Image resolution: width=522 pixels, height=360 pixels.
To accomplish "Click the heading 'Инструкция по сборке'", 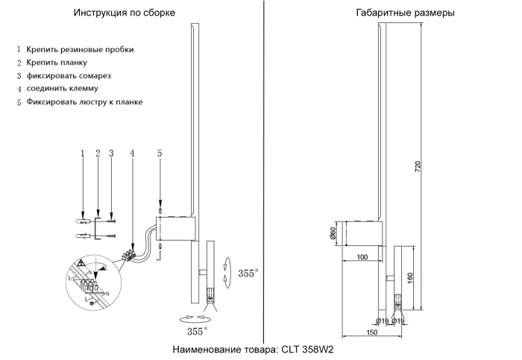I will coord(125,13).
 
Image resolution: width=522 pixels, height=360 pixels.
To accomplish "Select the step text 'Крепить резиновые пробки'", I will coord(80,49).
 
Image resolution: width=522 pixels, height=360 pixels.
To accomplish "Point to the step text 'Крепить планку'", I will coord(57,63).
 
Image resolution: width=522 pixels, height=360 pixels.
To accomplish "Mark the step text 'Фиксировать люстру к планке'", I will coord(84,101).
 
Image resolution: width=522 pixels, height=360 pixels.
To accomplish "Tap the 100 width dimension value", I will coord(362,257).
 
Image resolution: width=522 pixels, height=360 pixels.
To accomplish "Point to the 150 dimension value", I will coord(370,333).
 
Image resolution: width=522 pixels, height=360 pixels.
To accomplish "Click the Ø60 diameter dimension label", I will coord(334,234).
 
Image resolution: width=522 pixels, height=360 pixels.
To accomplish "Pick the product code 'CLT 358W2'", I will coord(306,348).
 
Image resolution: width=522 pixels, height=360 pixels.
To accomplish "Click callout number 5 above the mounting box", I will coord(159,154).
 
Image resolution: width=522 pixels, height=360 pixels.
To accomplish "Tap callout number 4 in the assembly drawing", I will coord(132,154).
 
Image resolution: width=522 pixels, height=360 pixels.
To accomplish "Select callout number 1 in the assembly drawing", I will coord(83,154).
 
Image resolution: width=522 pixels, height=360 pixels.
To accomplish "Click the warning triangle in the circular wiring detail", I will coord(79,263).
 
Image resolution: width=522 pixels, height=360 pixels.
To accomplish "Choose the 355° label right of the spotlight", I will coord(248,274).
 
